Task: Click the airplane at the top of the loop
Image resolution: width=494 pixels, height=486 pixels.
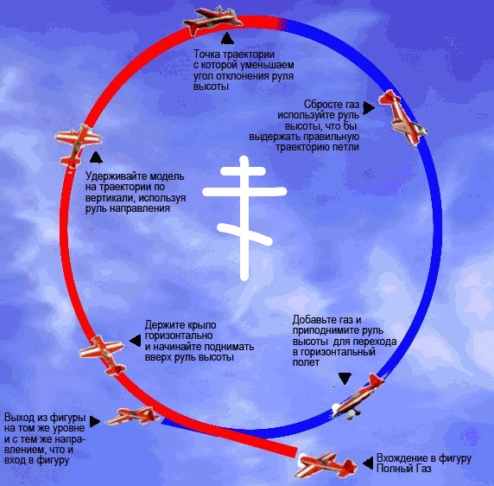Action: point(213,20)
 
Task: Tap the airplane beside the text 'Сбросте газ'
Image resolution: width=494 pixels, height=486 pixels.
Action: point(402,118)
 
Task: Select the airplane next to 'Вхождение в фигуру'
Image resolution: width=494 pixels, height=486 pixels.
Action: point(326,465)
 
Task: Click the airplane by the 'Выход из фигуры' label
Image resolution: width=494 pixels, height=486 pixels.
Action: point(133,416)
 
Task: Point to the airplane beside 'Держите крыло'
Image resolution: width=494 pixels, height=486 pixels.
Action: point(103,355)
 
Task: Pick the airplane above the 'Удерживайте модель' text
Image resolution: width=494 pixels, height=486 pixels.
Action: point(78,145)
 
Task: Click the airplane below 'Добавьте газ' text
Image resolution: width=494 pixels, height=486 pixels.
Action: point(358,396)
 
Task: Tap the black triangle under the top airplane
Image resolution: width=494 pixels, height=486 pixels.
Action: point(227,38)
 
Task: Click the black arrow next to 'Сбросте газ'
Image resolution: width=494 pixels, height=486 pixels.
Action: point(368,108)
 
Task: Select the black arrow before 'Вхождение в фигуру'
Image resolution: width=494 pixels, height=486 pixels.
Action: point(368,464)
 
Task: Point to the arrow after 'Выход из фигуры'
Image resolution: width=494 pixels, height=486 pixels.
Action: point(94,421)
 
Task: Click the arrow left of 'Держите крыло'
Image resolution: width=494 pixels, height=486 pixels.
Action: point(136,341)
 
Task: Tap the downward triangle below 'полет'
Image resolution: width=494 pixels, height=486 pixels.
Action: point(345,379)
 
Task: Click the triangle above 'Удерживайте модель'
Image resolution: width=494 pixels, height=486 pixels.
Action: point(96,157)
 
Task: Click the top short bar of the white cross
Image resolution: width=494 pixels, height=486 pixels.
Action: point(243,171)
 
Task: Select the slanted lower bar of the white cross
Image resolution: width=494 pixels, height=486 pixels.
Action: point(244,234)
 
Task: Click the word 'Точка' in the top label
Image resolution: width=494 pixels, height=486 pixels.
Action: point(207,54)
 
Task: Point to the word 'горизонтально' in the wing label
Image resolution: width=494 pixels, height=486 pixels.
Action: point(179,336)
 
